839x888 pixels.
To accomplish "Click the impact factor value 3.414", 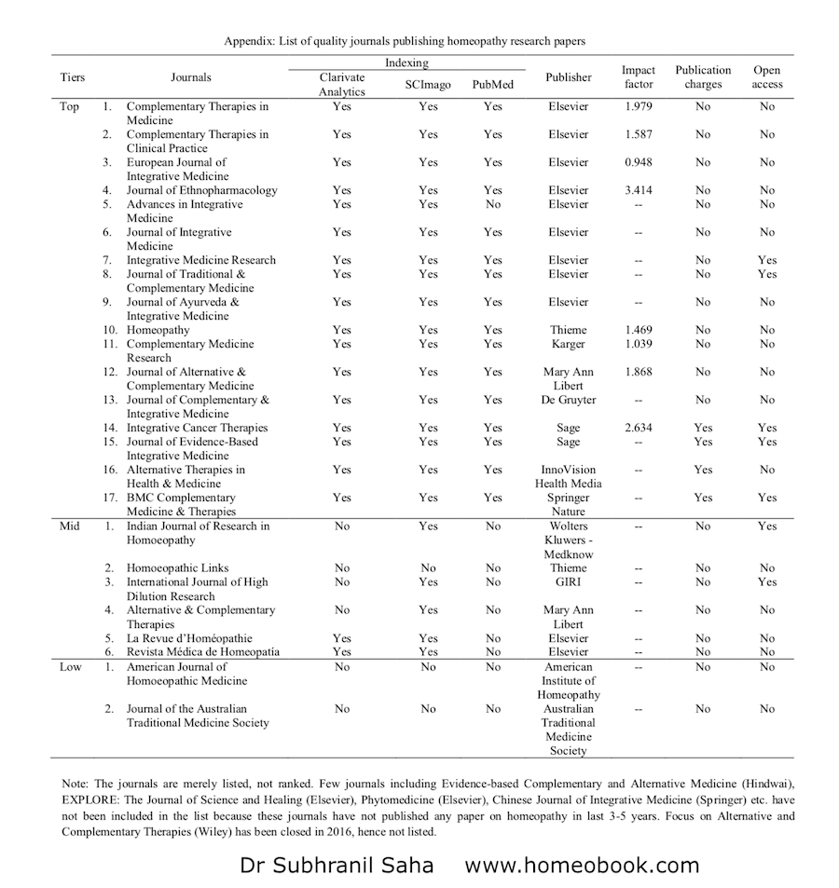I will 639,190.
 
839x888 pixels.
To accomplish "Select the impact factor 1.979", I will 639,106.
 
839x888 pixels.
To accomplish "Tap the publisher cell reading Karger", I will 568,344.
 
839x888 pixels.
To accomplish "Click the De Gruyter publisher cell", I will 568,400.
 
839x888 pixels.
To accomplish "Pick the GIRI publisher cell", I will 568,581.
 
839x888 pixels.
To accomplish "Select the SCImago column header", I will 428,84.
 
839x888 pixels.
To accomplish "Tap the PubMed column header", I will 492,84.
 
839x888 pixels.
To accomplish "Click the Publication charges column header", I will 703,77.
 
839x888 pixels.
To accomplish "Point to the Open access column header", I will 766,77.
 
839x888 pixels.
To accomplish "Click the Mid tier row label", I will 70,526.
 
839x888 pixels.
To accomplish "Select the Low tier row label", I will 70,666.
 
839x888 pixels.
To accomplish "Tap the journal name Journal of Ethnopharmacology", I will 202,190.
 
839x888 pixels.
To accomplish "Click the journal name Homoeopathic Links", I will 178,567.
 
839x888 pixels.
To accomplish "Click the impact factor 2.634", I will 639,428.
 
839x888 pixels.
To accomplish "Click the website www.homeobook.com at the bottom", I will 582,865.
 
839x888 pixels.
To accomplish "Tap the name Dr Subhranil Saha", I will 337,865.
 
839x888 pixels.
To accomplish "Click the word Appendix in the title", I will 251,41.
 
